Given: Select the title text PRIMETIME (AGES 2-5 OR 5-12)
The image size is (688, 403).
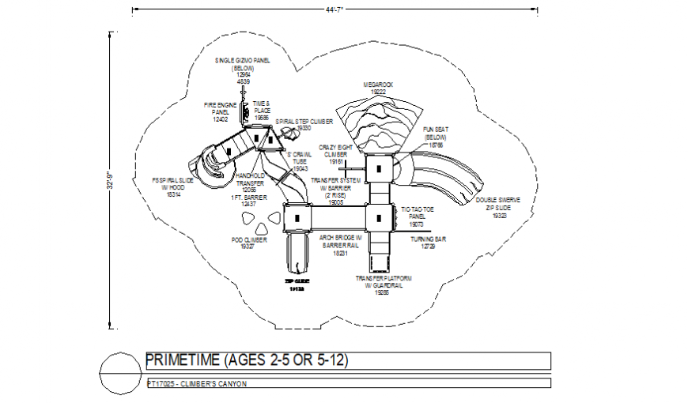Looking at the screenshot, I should (x=247, y=360).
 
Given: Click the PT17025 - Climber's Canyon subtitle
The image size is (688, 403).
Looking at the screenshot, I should (x=197, y=383).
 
